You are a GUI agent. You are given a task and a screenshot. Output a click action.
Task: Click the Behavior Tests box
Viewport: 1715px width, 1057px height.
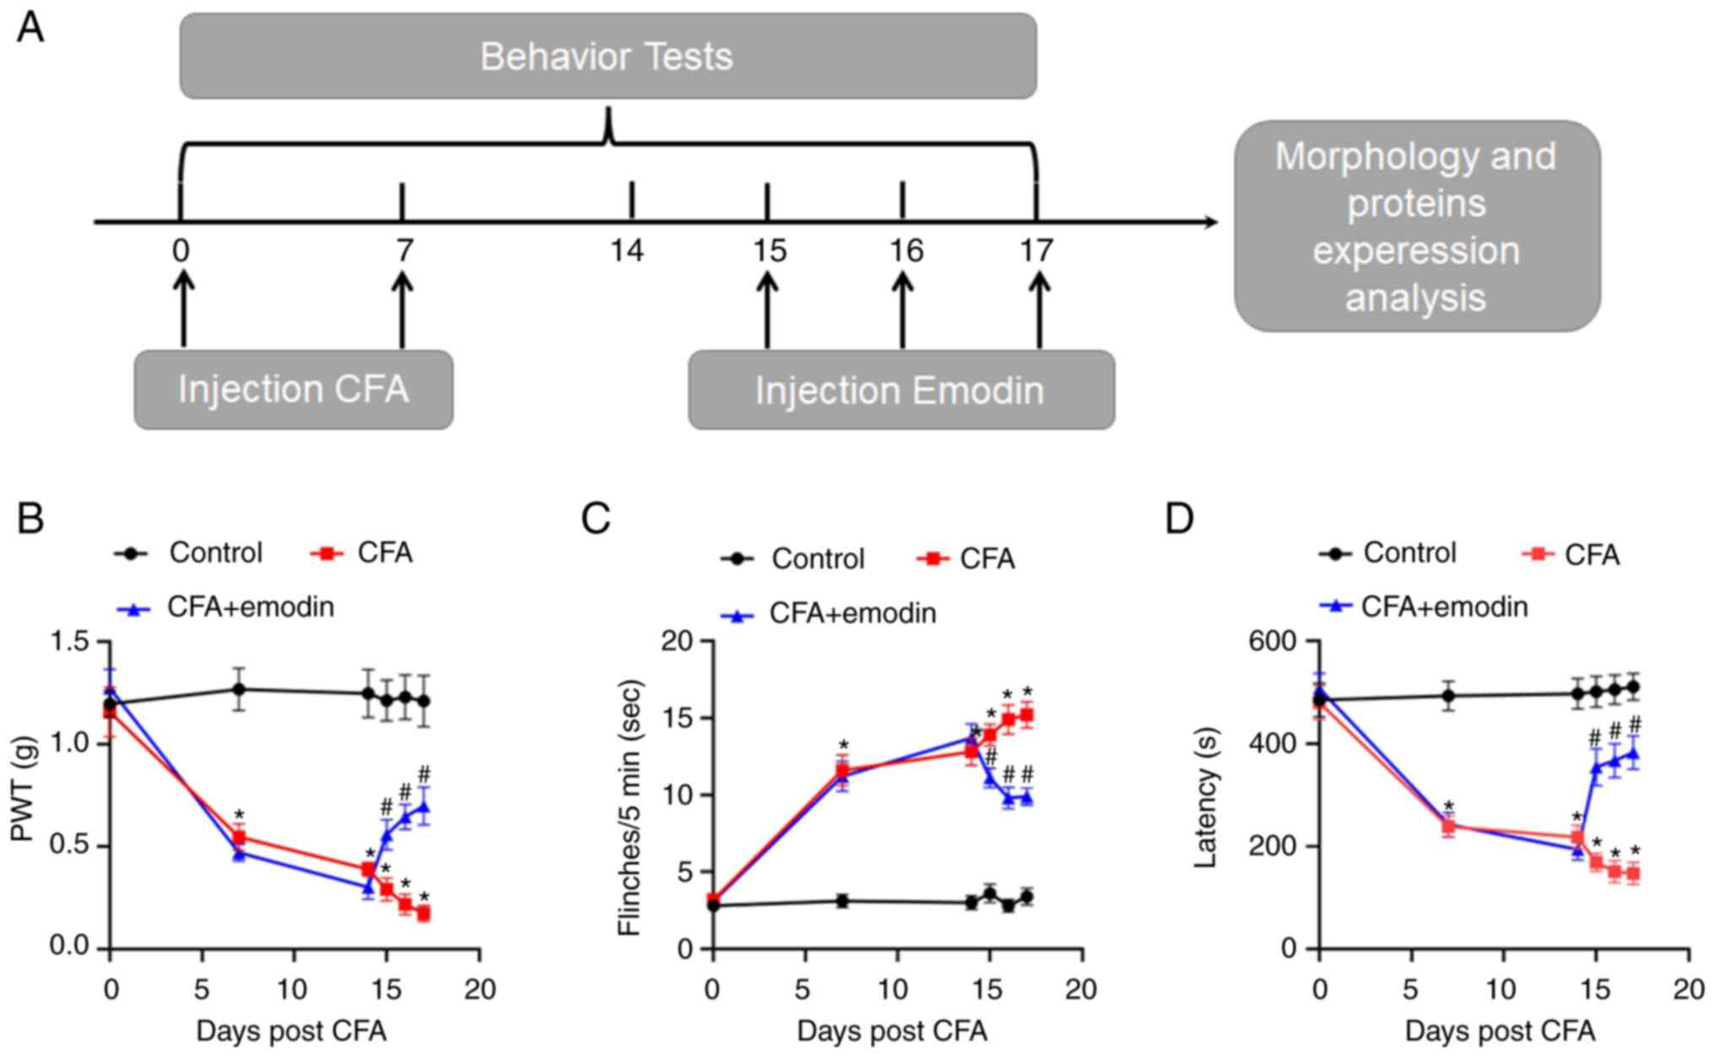608,56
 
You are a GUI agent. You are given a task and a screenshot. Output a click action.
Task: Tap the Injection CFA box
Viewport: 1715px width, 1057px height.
293,390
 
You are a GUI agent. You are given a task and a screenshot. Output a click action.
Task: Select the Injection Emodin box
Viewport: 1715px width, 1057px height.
901,391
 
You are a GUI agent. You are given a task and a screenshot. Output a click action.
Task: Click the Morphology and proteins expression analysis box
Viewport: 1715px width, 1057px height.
1416,226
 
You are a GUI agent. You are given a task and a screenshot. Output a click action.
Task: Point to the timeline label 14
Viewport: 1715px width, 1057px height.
627,251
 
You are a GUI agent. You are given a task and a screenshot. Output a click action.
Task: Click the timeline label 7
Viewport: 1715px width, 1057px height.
404,251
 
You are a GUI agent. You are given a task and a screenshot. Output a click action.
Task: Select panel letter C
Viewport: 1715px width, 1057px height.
595,519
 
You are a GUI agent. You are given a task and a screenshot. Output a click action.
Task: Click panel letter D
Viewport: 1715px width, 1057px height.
1179,519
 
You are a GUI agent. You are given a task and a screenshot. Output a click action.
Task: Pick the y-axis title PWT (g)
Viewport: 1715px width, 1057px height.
24,789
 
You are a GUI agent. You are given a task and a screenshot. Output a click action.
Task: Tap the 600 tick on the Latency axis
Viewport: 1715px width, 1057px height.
1273,642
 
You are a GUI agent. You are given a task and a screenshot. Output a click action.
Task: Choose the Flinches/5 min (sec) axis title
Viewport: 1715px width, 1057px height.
630,807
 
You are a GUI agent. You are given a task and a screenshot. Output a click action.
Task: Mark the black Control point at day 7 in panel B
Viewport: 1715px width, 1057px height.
239,689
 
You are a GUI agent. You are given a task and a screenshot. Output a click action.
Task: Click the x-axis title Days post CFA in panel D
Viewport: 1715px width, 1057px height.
1500,1031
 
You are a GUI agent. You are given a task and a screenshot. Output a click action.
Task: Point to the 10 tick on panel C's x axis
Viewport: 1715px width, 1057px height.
895,989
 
